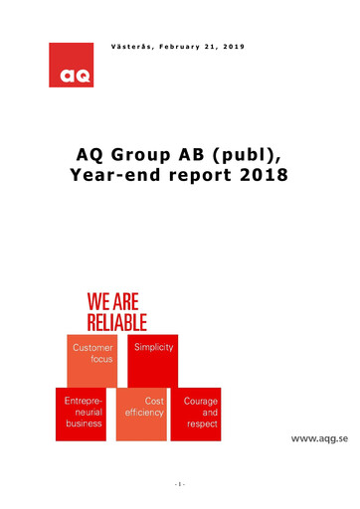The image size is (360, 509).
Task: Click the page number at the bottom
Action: tap(180, 484)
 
